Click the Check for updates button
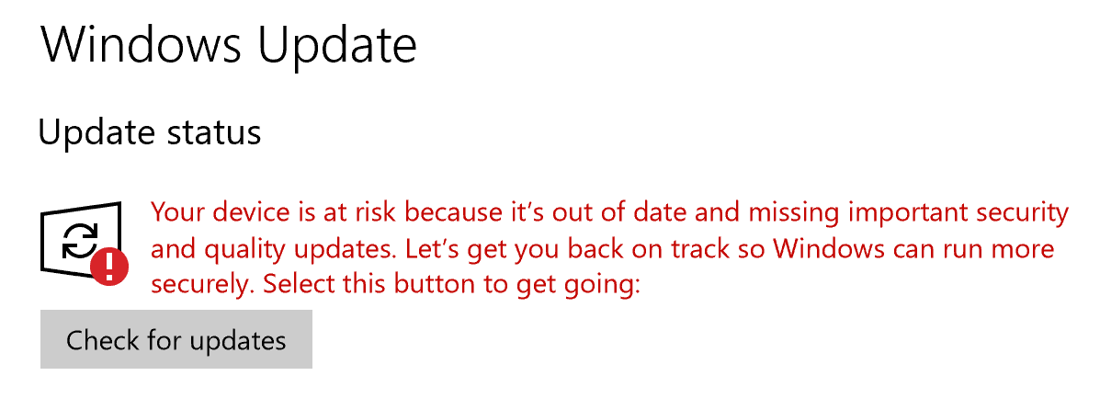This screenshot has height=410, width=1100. click(x=176, y=340)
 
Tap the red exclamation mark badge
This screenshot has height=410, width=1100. click(x=108, y=266)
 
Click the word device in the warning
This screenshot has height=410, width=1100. click(x=244, y=211)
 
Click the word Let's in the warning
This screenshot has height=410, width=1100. click(x=404, y=248)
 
